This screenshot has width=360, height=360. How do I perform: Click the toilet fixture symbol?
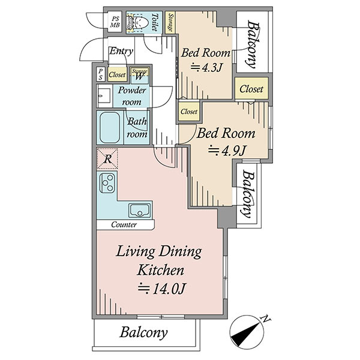139,23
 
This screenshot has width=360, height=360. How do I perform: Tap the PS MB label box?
115,22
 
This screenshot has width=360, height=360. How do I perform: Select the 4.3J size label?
207,68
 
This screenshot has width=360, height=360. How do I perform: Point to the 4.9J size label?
227,151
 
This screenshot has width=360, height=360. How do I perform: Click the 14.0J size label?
162,289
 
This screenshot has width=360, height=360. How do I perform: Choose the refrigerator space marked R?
107,158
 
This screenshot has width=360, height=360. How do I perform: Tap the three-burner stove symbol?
107,183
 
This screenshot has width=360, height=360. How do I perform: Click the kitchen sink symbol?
140,210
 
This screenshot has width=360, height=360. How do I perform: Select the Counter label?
124,224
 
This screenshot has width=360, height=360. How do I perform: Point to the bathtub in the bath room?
110,128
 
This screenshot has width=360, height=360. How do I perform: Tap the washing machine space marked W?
139,76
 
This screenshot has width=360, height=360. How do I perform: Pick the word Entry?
121,52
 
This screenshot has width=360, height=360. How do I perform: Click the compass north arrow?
247,332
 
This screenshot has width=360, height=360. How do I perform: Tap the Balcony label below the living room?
144,332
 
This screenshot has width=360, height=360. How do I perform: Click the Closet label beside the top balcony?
251,89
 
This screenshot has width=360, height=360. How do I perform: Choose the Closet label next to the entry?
117,74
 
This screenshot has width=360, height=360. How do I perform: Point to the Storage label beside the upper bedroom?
170,23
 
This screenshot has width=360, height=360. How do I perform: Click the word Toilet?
155,22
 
